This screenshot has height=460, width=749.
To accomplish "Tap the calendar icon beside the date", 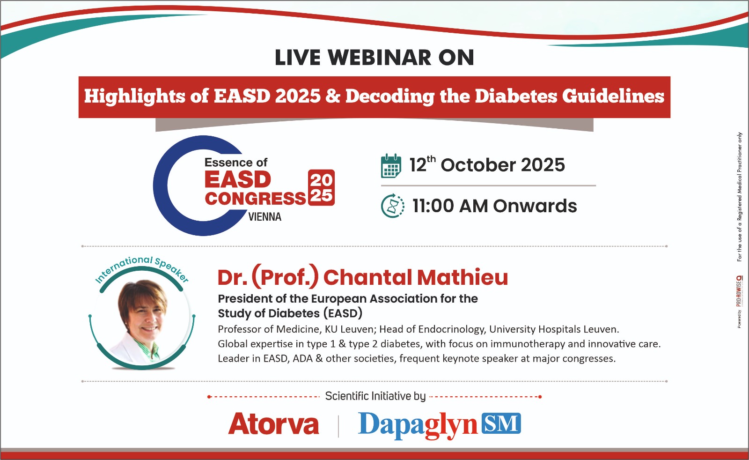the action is click(x=391, y=166).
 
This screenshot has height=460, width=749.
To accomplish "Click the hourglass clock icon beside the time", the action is click(x=393, y=206).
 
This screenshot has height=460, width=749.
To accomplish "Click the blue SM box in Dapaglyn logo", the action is click(x=501, y=423).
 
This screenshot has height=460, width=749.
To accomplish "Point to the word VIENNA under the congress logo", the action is click(x=265, y=217).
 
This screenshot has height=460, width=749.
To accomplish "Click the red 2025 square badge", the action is click(x=321, y=188).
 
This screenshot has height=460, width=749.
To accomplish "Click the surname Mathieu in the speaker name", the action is click(x=463, y=277).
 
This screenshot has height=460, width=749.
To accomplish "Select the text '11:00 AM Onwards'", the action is click(x=494, y=206).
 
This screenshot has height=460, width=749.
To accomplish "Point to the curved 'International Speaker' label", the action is click(x=142, y=268).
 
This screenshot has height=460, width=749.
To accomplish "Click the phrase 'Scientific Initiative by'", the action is click(x=375, y=396).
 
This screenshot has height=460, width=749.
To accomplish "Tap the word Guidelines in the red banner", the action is click(x=613, y=96).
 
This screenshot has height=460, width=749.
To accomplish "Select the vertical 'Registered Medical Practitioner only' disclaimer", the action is click(x=739, y=197).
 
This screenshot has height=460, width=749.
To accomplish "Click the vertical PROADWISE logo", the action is click(x=739, y=291).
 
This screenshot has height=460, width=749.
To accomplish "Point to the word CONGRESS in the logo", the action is click(x=255, y=199).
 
